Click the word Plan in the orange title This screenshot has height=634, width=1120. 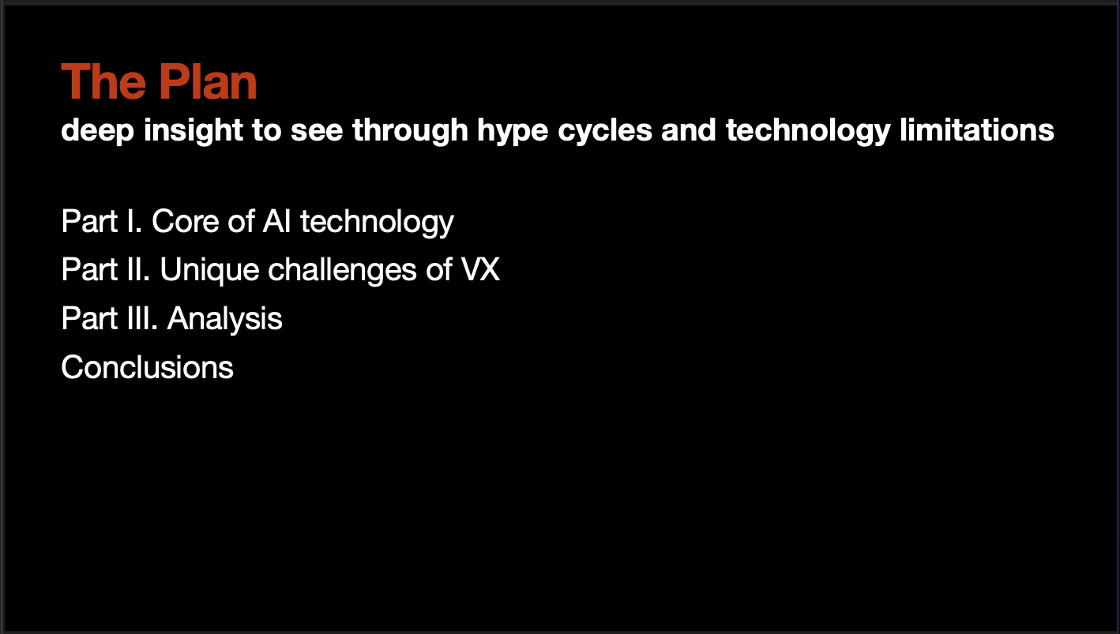click(x=208, y=81)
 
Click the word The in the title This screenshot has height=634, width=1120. click(x=103, y=81)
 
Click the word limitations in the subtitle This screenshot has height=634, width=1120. click(x=977, y=130)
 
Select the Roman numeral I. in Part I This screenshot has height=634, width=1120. click(x=134, y=222)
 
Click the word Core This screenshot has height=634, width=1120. click(x=185, y=222)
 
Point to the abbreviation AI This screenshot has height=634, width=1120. click(x=276, y=222)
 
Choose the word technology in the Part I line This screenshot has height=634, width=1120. click(x=377, y=223)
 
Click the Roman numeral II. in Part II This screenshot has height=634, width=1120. click(x=138, y=270)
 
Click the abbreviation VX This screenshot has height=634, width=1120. click(x=480, y=270)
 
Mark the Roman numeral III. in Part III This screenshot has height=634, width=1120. click(x=142, y=318)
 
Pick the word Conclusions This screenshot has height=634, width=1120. click(x=147, y=367)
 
